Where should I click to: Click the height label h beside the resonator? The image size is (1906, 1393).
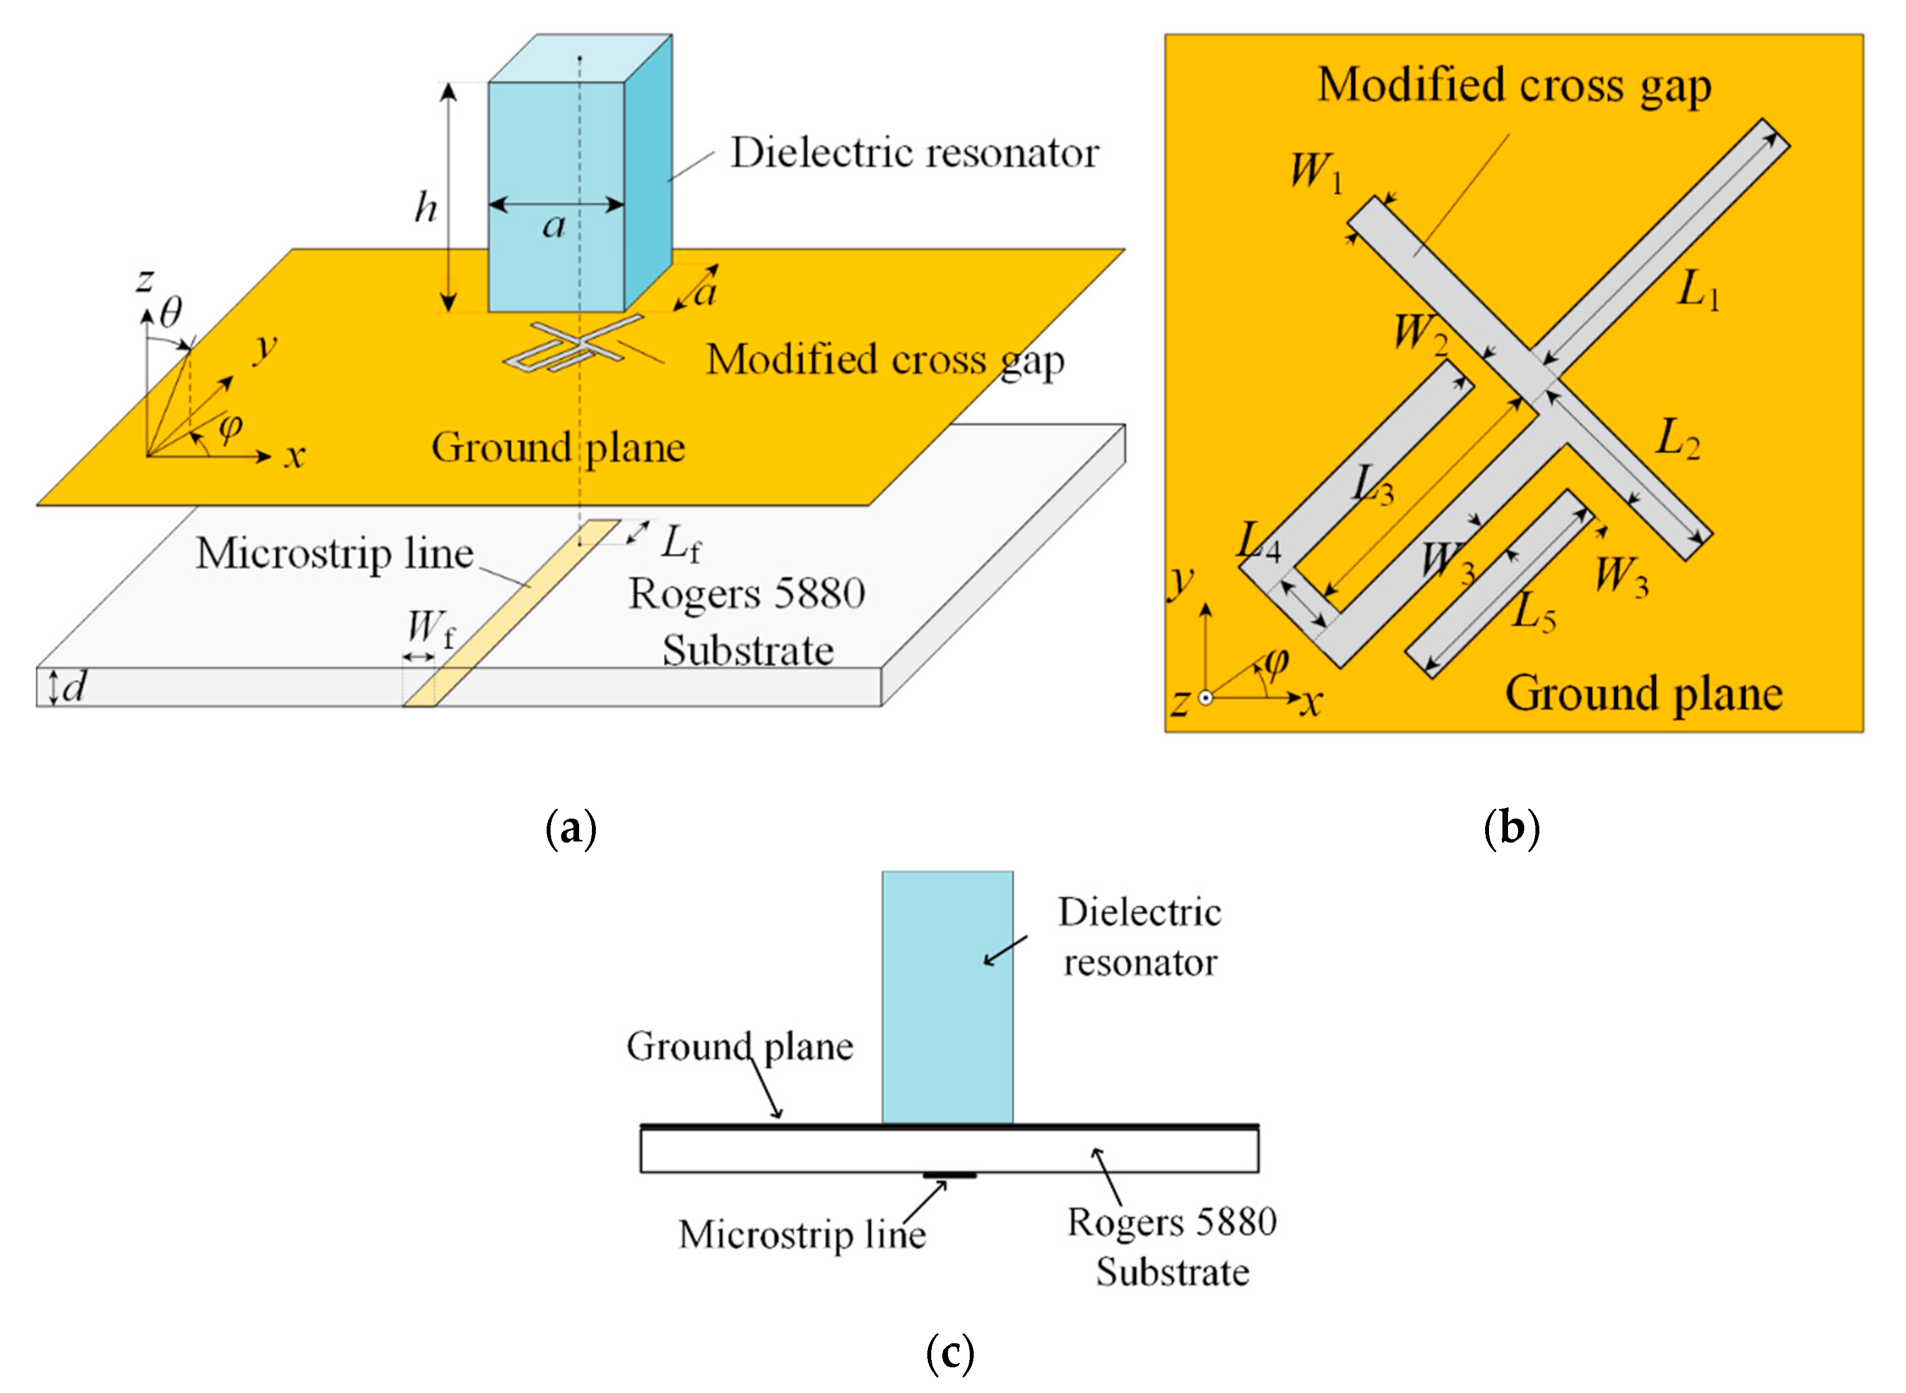pos(426,207)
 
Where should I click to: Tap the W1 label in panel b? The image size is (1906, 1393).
pos(1316,171)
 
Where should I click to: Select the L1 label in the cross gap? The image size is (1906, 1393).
pos(1697,291)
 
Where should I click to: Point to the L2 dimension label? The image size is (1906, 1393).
pos(1677,439)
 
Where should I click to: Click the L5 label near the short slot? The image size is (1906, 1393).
pos(1533,611)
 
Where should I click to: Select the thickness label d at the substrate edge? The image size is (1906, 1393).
pos(74,687)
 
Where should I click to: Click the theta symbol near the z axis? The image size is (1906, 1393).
pos(170,313)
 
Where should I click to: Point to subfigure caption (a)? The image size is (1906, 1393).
pos(571,828)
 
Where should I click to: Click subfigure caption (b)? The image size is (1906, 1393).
pos(1511,828)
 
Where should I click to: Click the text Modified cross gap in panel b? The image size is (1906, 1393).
pos(1514,86)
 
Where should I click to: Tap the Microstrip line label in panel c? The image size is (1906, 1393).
pos(801,1235)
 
